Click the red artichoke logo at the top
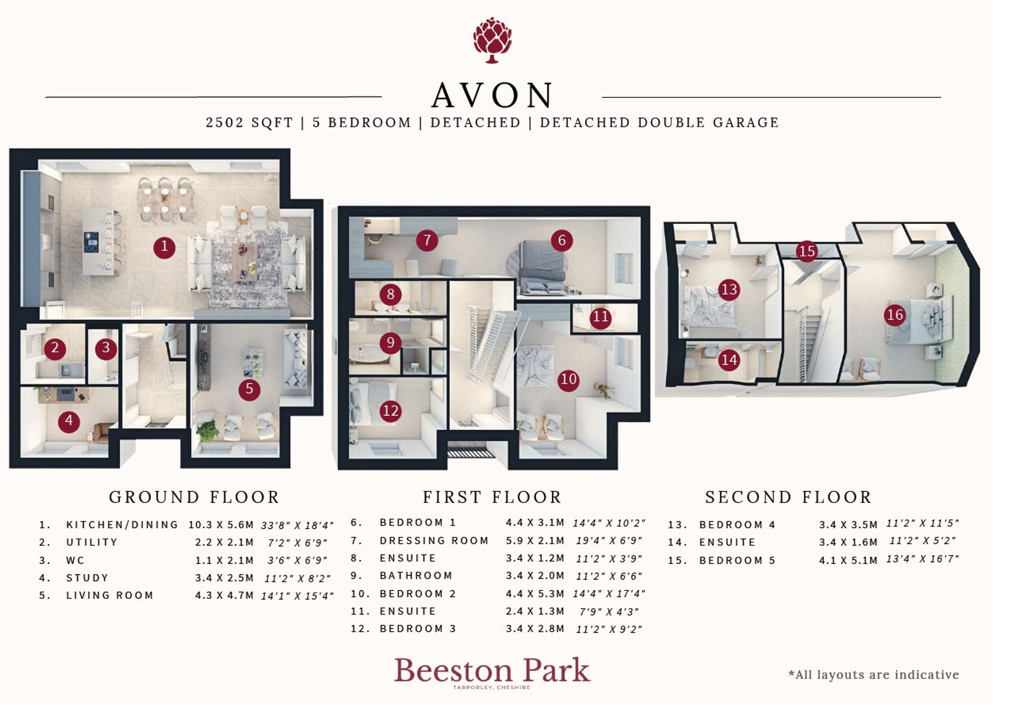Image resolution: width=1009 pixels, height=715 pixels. [492, 40]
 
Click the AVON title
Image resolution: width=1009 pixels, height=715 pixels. [492, 95]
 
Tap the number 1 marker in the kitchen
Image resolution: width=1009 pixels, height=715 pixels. [164, 247]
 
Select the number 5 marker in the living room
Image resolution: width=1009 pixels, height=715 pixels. [249, 389]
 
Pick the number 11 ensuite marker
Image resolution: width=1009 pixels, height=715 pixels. [600, 317]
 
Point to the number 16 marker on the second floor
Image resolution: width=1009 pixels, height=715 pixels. [894, 315]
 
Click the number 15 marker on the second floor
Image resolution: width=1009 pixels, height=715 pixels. [807, 251]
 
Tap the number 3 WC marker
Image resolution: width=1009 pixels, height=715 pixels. [106, 348]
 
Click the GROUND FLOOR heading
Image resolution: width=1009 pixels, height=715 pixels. [194, 497]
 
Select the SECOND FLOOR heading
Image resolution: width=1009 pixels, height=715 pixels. [788, 497]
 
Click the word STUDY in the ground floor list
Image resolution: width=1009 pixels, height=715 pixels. [87, 578]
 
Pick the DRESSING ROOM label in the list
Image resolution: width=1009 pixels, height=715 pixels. [434, 540]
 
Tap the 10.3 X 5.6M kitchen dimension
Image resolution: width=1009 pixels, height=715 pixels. [221, 525]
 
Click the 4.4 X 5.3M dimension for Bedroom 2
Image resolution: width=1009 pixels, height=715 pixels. [535, 593]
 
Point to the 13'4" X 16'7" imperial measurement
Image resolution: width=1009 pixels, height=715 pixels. [923, 559]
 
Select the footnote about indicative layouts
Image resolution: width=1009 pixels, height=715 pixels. [874, 675]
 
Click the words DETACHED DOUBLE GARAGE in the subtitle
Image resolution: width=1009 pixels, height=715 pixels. [659, 123]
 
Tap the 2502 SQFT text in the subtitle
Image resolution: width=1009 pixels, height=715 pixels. [249, 123]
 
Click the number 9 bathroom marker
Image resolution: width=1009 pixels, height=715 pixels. [390, 343]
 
